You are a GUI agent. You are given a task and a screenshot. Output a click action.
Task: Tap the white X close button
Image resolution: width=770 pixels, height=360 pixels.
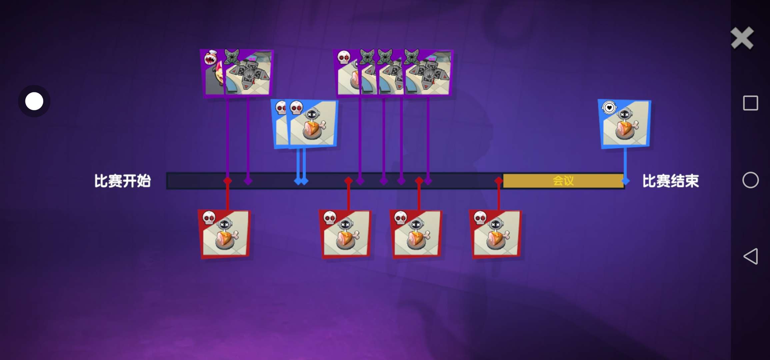click(742, 38)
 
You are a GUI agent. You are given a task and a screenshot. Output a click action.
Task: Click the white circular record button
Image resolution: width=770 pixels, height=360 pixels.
click(34, 101)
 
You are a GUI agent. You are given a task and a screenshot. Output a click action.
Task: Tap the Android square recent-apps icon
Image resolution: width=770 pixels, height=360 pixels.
click(751, 103)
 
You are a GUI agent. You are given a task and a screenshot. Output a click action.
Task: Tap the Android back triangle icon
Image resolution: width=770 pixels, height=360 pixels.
click(751, 256)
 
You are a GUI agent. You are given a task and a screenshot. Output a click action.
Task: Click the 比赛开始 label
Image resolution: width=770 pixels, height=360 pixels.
click(122, 181)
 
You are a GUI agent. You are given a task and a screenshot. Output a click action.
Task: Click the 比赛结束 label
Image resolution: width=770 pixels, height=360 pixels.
click(670, 181)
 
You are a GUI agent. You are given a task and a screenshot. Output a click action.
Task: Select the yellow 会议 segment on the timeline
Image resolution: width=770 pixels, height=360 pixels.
click(563, 181)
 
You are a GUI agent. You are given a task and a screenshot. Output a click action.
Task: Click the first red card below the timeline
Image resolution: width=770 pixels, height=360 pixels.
click(224, 234)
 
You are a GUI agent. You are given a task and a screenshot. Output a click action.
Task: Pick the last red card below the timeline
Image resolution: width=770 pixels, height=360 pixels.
click(495, 234)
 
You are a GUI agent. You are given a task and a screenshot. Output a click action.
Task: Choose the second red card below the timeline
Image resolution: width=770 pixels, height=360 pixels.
click(345, 234)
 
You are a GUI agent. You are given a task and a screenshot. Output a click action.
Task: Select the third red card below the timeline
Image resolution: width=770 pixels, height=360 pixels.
click(416, 234)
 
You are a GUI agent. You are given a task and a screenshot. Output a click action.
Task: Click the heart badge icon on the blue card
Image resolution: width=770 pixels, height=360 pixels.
click(609, 108)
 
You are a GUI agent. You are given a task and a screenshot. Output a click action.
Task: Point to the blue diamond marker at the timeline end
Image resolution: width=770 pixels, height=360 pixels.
click(625, 181)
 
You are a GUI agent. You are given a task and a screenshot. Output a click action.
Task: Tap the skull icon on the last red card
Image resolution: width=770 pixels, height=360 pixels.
click(480, 218)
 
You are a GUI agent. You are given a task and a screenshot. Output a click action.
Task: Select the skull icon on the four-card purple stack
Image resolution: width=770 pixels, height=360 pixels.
click(344, 57)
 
